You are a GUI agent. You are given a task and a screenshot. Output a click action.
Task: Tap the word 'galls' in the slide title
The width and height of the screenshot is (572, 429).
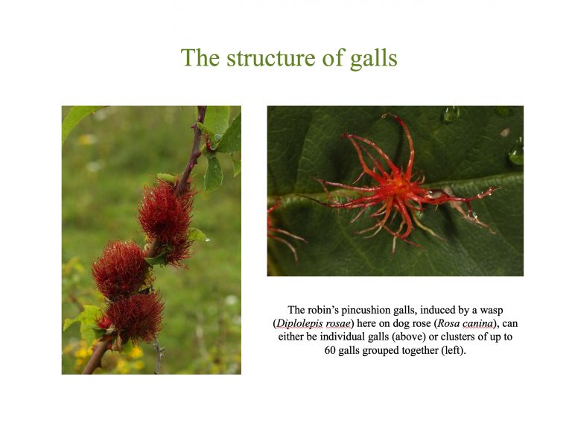click(x=373, y=58)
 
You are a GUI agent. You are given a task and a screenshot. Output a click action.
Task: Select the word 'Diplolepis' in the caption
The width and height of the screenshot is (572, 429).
click(x=302, y=323)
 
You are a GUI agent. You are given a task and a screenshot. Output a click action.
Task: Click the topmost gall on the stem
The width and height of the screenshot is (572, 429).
click(x=165, y=217)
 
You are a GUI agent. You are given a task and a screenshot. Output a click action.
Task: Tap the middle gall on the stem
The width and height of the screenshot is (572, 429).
click(x=121, y=269)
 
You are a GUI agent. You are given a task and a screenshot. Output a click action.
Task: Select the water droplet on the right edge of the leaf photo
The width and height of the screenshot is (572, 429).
click(x=516, y=154)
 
